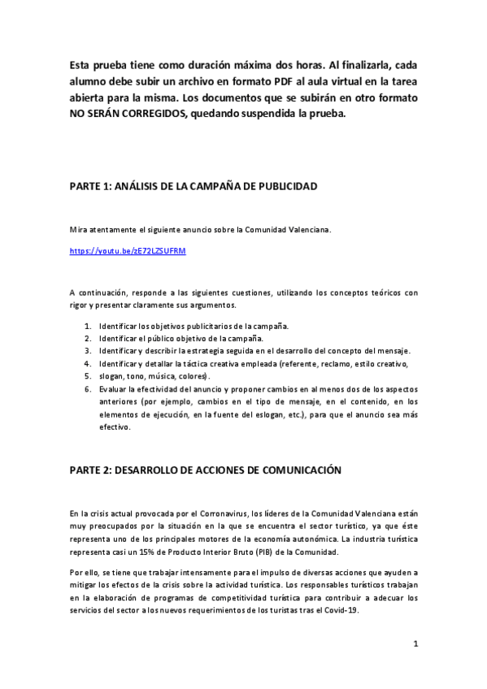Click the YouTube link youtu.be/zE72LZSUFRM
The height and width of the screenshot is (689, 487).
(128, 250)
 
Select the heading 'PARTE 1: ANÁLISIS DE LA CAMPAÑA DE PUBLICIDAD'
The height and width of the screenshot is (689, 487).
(193, 186)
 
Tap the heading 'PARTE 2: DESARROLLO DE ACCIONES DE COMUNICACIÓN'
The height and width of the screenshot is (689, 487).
(205, 470)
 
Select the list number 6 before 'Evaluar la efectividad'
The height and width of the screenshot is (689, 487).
(88, 389)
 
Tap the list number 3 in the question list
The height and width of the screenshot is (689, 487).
(88, 351)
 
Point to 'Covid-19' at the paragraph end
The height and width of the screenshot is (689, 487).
(342, 611)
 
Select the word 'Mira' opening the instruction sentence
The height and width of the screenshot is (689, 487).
(79, 230)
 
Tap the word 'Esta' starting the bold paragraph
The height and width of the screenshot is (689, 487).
(81, 65)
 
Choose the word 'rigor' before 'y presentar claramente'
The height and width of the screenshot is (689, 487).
(80, 305)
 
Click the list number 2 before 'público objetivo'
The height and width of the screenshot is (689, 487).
(88, 338)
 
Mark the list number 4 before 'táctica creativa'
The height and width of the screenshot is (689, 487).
(88, 364)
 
